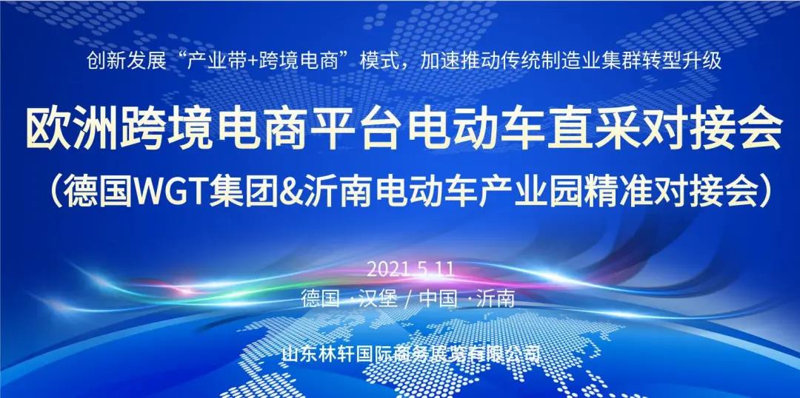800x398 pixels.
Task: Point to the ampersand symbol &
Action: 290,192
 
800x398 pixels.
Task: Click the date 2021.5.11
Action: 410,269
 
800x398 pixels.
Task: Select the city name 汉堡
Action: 376,298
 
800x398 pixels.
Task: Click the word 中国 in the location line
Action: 438,298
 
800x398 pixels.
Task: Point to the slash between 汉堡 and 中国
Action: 407,299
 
